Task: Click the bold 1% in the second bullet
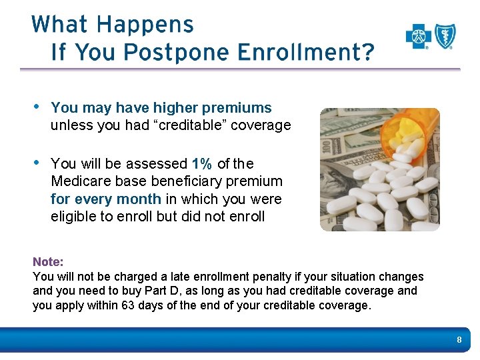(x=202, y=164)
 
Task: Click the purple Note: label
(x=48, y=263)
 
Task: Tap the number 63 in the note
(x=128, y=305)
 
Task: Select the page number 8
(x=459, y=341)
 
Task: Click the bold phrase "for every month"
(x=106, y=199)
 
